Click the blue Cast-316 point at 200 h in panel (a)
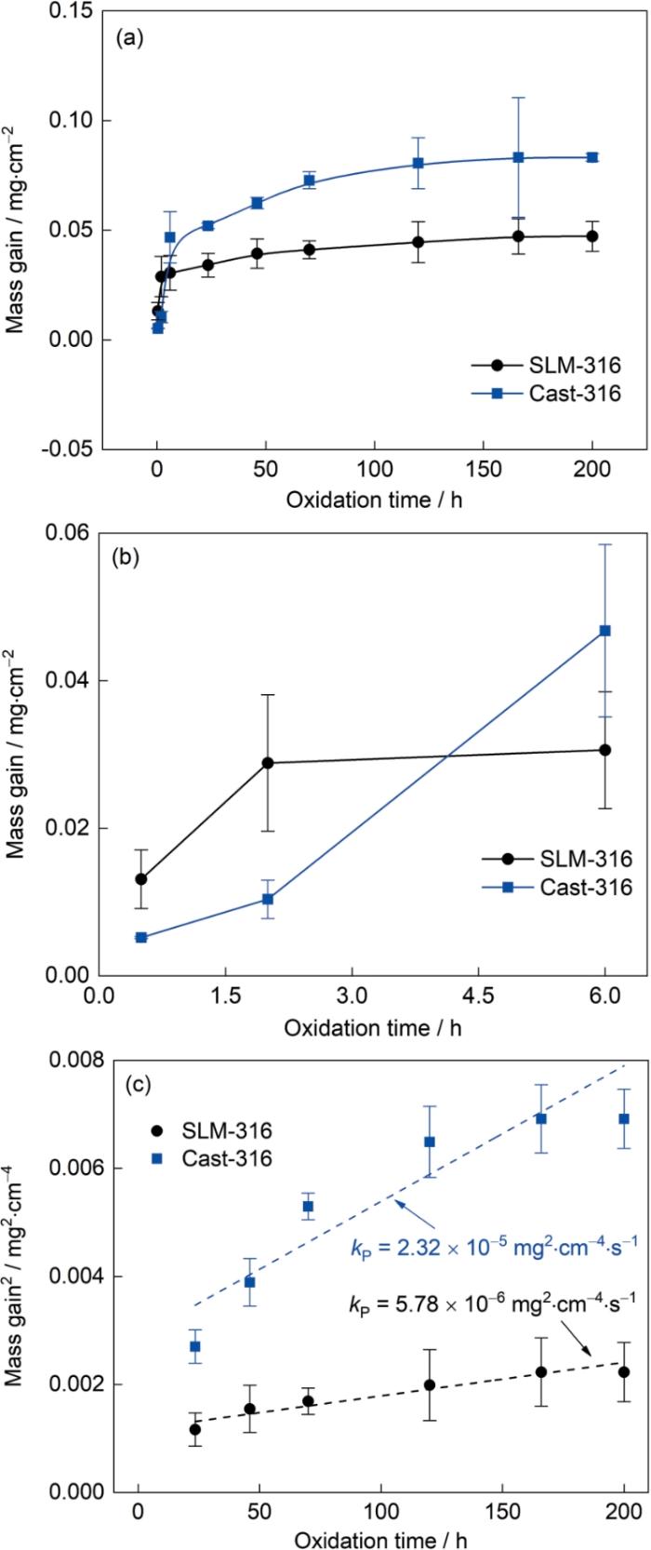(592, 157)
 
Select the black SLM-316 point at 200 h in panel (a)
(592, 236)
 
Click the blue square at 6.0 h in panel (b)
(605, 631)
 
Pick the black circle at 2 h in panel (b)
(268, 763)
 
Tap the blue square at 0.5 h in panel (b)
(141, 937)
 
